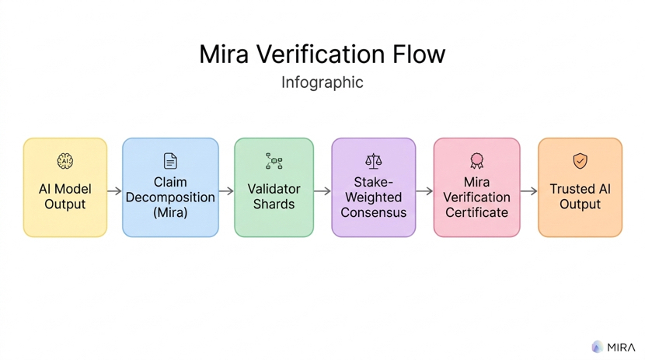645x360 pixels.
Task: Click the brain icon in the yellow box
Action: coord(65,161)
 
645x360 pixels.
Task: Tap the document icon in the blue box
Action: coord(170,161)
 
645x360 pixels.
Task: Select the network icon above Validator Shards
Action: coord(274,161)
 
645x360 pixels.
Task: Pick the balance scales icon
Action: coord(374,161)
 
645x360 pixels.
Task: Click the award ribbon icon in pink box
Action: coord(476,161)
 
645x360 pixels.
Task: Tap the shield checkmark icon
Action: coord(580,161)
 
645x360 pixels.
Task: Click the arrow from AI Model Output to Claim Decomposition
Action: coord(114,190)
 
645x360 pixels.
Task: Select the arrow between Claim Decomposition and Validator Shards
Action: coord(226,190)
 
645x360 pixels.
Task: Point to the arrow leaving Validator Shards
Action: coord(322,190)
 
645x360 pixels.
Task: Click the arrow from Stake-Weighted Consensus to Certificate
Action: coord(424,190)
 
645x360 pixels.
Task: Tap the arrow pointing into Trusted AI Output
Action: coord(528,190)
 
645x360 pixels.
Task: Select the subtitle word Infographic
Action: coord(322,82)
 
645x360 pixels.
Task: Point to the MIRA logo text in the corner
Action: coord(622,347)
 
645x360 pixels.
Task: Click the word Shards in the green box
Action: coord(274,204)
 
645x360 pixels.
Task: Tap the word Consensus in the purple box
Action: coord(374,212)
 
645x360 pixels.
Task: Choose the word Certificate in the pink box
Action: coord(476,212)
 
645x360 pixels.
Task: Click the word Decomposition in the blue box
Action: coord(170,197)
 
